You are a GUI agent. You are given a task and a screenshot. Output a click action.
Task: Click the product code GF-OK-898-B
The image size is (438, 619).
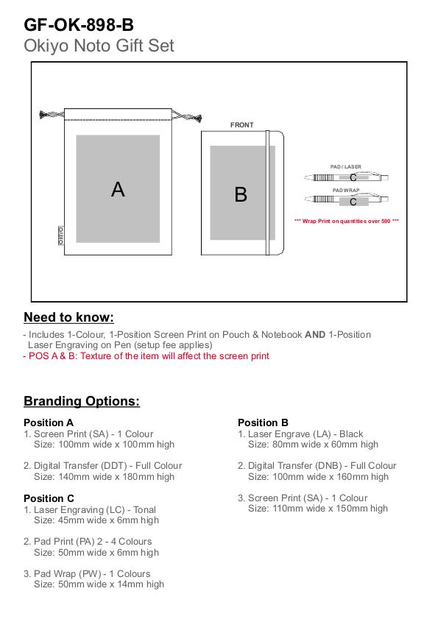point(79,25)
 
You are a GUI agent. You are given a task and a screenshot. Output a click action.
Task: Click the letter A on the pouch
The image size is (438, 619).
point(118,189)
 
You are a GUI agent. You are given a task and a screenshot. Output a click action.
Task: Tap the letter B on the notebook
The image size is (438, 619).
point(241,194)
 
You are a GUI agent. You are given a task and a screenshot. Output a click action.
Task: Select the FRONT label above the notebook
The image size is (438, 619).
point(241,124)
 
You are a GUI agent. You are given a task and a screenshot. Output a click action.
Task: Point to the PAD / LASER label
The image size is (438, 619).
point(345,166)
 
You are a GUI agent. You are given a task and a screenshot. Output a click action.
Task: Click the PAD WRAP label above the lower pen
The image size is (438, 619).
point(346,191)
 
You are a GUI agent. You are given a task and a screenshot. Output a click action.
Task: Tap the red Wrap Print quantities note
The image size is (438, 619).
point(347,221)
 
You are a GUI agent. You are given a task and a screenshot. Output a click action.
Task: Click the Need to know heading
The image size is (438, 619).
point(68,317)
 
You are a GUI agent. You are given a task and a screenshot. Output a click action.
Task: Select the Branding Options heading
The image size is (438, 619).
point(82,401)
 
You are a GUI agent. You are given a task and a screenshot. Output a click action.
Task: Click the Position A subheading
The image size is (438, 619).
point(49,422)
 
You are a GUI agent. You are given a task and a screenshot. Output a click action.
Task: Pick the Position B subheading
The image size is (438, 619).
point(263,422)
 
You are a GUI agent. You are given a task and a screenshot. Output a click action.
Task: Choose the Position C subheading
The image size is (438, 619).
point(49,498)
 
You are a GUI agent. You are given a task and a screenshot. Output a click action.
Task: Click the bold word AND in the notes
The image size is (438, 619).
point(315,335)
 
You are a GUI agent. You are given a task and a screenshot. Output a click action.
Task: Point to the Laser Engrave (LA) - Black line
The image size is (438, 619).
point(300,434)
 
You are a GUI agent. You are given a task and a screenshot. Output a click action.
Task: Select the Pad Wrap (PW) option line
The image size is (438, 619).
point(87,573)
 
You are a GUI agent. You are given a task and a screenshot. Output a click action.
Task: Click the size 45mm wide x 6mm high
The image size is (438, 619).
point(108,520)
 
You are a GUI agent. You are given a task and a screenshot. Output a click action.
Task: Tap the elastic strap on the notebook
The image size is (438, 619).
point(268,193)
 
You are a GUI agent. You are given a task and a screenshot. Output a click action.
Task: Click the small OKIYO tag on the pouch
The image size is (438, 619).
point(61,236)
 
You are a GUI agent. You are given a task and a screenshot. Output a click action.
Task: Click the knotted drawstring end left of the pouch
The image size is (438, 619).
point(46,115)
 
